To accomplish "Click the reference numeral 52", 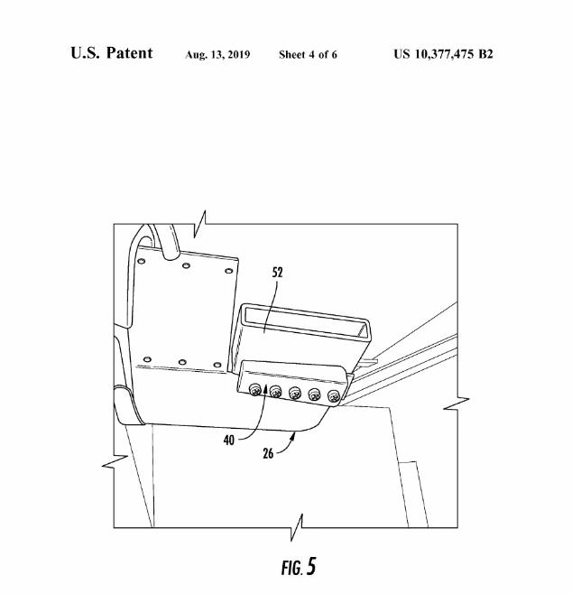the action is (x=277, y=273).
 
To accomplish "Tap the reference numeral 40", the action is (x=228, y=441).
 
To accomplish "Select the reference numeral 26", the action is (x=268, y=453).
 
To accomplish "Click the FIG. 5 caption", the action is (x=299, y=567).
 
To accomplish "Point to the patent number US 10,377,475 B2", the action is (x=443, y=54).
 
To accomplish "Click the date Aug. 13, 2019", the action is (x=217, y=54).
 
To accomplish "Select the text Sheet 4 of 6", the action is (x=308, y=54).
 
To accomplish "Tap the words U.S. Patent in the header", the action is (x=112, y=53).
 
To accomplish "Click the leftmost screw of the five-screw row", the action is (x=255, y=389).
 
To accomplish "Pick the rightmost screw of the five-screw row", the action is (x=334, y=397).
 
